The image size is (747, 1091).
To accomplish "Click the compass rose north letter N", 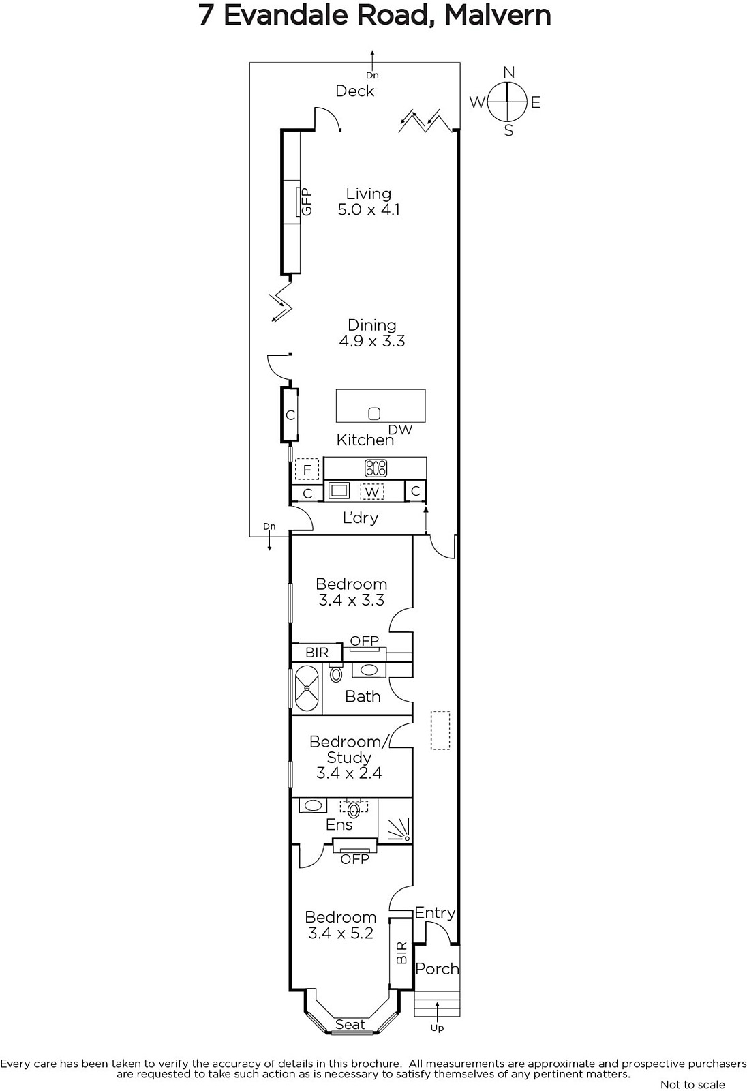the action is (x=508, y=72).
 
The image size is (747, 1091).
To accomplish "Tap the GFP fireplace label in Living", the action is (x=306, y=202).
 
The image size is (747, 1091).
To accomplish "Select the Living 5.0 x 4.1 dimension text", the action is (x=369, y=210).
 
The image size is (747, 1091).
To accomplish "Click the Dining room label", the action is (x=371, y=325).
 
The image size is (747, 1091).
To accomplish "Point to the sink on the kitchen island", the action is (x=374, y=413).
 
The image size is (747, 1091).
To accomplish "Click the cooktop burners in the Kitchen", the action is (x=376, y=468).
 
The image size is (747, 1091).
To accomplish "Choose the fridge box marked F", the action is (x=307, y=470).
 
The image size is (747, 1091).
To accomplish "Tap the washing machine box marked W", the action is (x=372, y=492).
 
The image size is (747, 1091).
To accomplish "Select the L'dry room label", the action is (x=361, y=518).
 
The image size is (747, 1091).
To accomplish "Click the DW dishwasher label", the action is (x=400, y=430).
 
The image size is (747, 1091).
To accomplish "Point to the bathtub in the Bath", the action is (x=307, y=688).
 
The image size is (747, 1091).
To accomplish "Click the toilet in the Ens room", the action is (x=354, y=809).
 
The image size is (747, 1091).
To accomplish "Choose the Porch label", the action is (x=437, y=969).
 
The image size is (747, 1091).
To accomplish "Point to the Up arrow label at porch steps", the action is (x=437, y=1028).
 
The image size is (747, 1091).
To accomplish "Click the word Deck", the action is (x=355, y=91).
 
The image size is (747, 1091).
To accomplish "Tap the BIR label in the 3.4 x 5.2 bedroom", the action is (x=401, y=953).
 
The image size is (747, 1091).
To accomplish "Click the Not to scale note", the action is (x=692, y=1084).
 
